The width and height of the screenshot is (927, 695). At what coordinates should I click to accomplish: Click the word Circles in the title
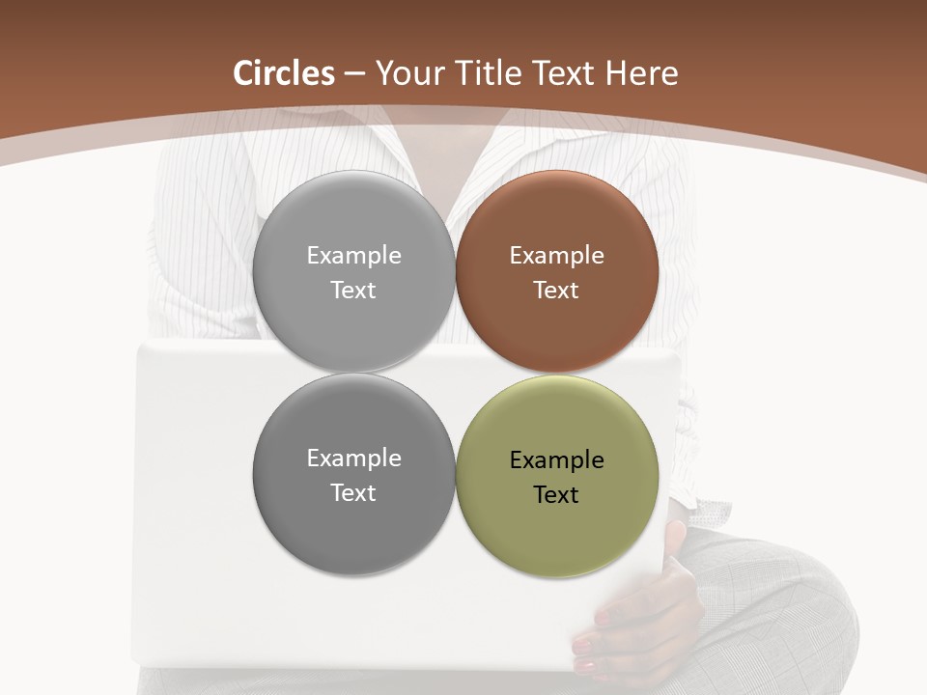point(284,73)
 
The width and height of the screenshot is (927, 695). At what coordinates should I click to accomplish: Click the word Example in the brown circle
point(556,256)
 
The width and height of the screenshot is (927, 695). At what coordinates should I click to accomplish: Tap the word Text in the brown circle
point(556,290)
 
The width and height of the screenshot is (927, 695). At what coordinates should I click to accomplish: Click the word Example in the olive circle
point(556,460)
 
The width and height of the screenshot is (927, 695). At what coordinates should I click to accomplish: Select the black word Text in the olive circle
point(556,494)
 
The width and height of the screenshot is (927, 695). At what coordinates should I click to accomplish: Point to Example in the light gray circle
point(353,256)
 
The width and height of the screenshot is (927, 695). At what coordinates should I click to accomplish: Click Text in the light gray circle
point(353,290)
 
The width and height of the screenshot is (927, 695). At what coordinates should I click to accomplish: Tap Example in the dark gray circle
point(353,459)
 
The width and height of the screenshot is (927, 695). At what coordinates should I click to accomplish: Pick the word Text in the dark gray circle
point(353,492)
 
